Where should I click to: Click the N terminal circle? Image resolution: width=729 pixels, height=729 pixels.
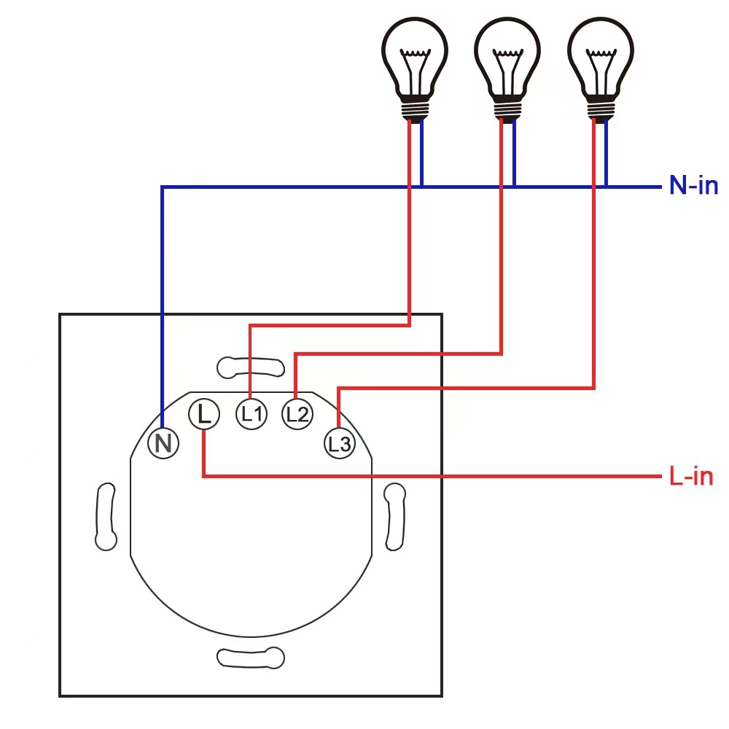[163, 443]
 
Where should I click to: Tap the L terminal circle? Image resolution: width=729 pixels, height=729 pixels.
[204, 414]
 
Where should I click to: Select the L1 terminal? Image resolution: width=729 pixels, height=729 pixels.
[252, 414]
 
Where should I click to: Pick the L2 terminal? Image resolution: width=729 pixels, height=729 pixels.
[297, 414]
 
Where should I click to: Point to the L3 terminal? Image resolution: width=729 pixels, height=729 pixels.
[340, 443]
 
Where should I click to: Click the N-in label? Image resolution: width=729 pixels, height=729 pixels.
[693, 186]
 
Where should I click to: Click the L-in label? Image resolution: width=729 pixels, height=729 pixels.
[690, 477]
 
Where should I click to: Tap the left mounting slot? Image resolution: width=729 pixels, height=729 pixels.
[106, 516]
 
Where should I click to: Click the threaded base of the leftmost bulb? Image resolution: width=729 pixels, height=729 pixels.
[414, 109]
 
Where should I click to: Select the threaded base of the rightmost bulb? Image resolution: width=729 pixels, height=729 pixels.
[601, 109]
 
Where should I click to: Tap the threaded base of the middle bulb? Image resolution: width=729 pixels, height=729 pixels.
[507, 109]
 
